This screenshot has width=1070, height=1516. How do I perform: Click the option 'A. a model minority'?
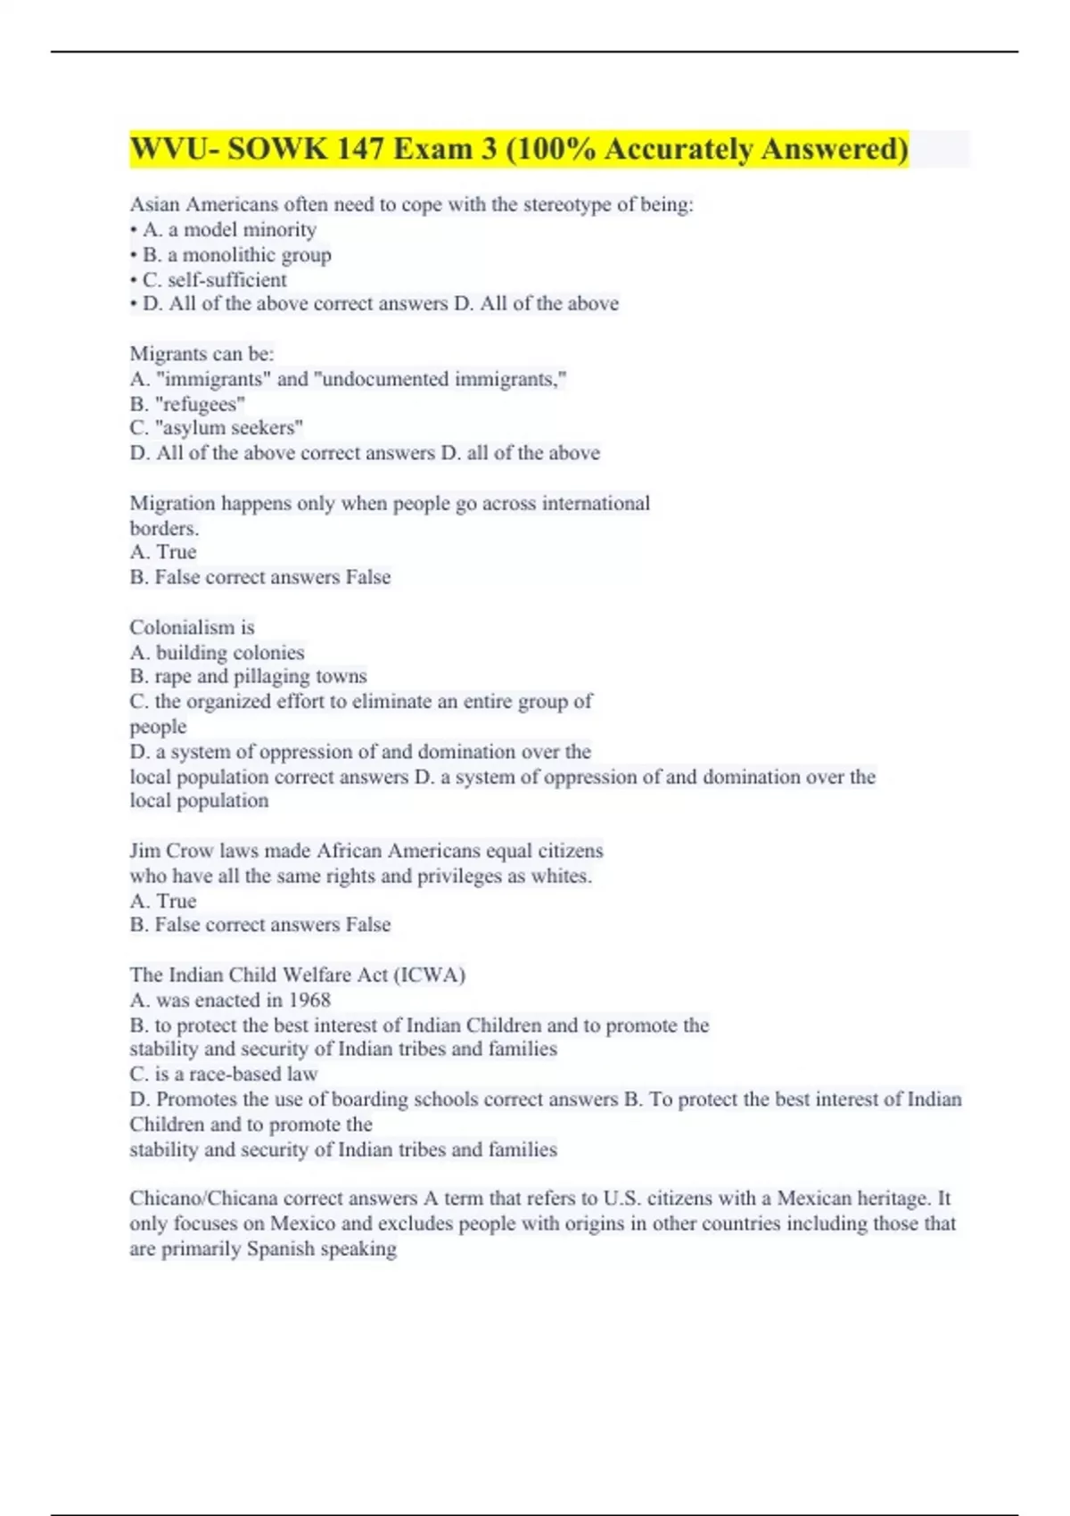click(229, 230)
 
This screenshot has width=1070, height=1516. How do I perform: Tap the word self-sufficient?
click(227, 280)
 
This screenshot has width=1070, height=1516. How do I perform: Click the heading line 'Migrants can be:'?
click(202, 354)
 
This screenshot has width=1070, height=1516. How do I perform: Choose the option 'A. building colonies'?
click(217, 653)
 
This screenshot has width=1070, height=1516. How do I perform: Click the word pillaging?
click(273, 677)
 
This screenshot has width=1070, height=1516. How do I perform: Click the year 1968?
click(309, 1001)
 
